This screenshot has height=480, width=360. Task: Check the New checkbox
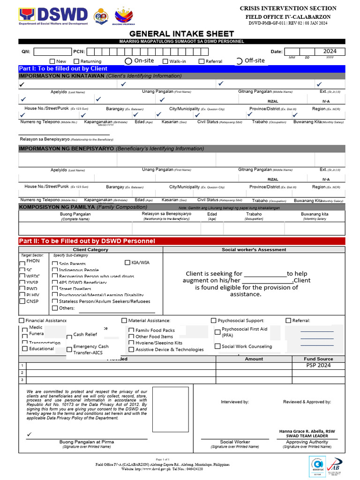click(x=52, y=61)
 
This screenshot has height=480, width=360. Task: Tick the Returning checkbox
click(x=76, y=61)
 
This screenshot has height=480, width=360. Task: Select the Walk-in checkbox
click(x=165, y=61)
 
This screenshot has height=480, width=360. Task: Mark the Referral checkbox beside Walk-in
click(x=202, y=61)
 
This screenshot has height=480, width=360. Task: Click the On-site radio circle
click(x=128, y=61)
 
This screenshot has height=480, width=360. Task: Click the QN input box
click(x=52, y=52)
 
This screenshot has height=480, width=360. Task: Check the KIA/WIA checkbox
click(x=127, y=262)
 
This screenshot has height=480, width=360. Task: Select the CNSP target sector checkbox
click(x=22, y=301)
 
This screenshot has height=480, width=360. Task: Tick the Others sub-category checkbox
click(x=55, y=308)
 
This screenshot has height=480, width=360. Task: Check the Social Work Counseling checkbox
click(x=217, y=346)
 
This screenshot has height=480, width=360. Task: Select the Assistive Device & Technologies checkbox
click(x=131, y=349)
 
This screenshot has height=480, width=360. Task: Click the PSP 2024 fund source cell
click(x=318, y=365)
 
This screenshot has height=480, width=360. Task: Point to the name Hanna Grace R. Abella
click(x=307, y=431)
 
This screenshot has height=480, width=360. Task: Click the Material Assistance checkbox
click(x=124, y=321)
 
